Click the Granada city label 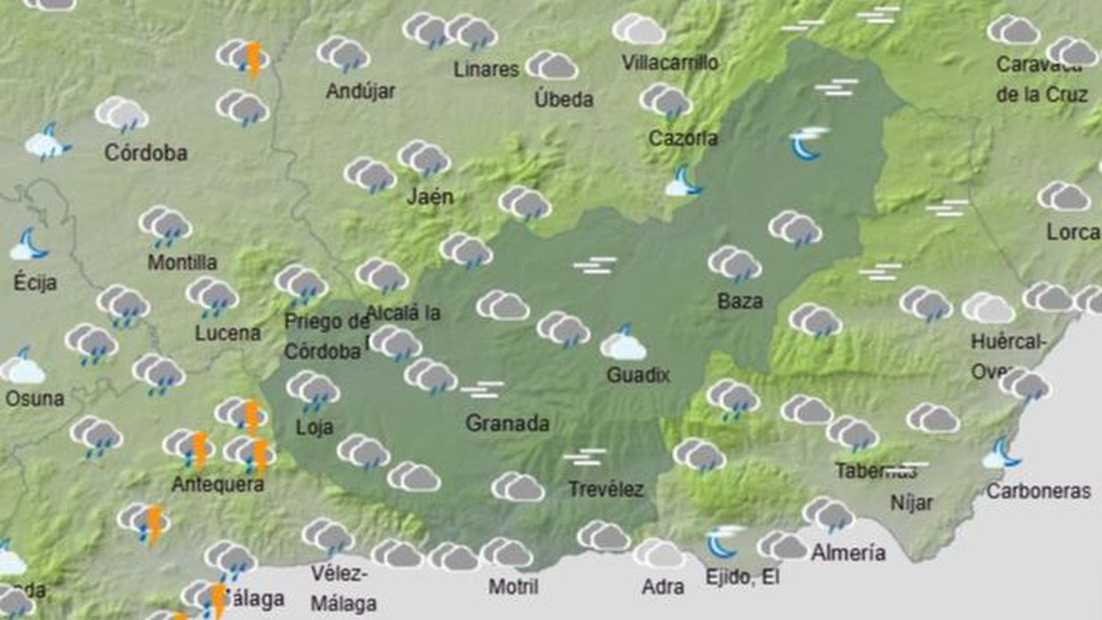pyautogui.click(x=507, y=423)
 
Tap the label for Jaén pyautogui.click(x=430, y=197)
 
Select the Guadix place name pyautogui.click(x=638, y=375)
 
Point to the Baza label pyautogui.click(x=740, y=301)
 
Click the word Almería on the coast pyautogui.click(x=848, y=552)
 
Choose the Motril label pyautogui.click(x=513, y=587)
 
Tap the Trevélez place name pyautogui.click(x=605, y=490)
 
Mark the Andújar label pyautogui.click(x=360, y=92)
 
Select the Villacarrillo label pyautogui.click(x=669, y=63)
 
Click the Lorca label pyautogui.click(x=1072, y=232)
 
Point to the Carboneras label pyautogui.click(x=1038, y=491)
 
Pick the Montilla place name pyautogui.click(x=182, y=262)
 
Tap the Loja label pyautogui.click(x=314, y=427)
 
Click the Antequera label pyautogui.click(x=218, y=484)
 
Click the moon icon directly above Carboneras pyautogui.click(x=1003, y=453)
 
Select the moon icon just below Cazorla pyautogui.click(x=683, y=182)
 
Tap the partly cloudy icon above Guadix pyautogui.click(x=623, y=344)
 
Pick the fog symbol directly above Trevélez pyautogui.click(x=584, y=457)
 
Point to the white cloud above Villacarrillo pyautogui.click(x=638, y=30)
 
